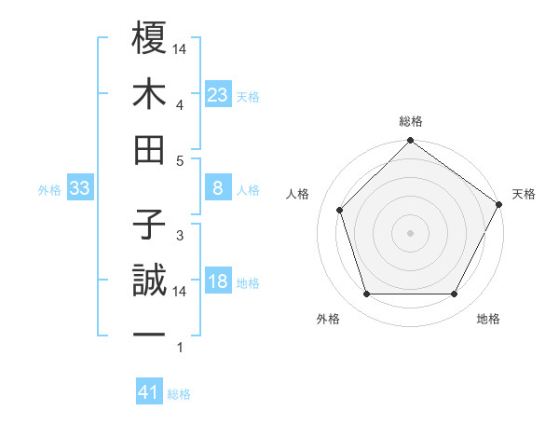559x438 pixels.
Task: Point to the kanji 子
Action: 150,224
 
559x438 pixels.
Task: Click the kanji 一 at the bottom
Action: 150,334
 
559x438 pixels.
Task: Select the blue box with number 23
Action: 217,95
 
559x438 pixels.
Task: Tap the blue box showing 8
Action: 217,189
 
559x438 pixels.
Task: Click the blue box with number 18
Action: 217,282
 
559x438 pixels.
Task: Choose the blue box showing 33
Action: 79,189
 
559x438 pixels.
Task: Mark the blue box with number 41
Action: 149,392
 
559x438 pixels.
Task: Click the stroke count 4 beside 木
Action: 179,104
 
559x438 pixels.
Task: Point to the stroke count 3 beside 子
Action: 179,235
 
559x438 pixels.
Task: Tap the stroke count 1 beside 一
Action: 179,348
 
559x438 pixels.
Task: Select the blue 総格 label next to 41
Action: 180,394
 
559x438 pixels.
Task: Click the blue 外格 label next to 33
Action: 49,190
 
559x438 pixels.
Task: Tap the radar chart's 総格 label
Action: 411,121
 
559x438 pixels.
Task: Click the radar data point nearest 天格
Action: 499,204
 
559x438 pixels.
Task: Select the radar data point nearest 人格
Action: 340,210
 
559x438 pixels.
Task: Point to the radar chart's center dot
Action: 410,232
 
